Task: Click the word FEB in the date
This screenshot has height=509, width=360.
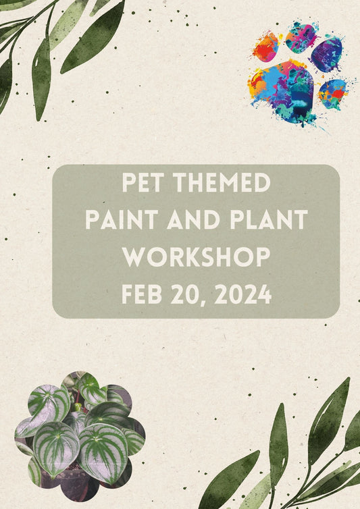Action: point(144,294)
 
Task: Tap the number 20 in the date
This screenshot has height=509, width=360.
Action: point(192,294)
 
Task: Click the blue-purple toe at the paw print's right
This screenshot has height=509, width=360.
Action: point(328,54)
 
